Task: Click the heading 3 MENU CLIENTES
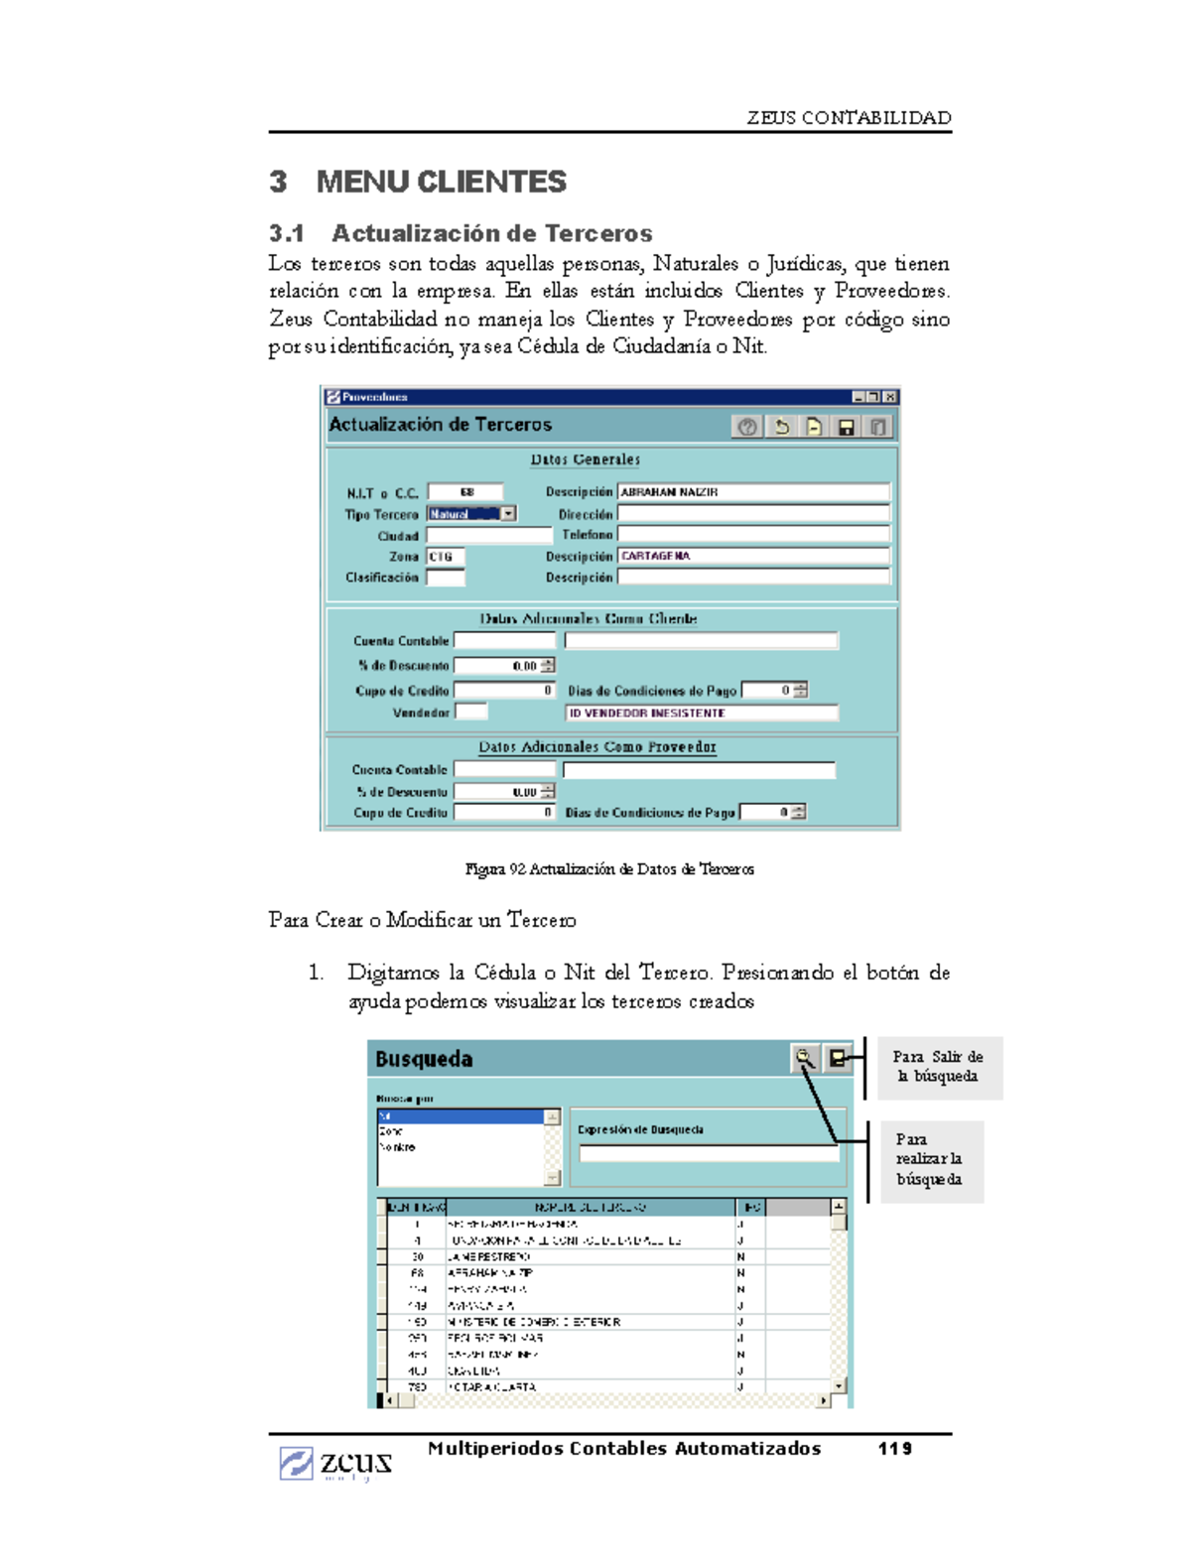tap(418, 182)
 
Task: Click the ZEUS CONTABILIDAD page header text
tap(849, 118)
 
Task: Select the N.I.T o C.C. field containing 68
tap(465, 492)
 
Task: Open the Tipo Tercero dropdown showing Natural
tap(508, 514)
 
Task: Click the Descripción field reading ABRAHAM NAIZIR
tap(752, 492)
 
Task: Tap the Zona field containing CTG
tap(445, 557)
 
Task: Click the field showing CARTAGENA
tap(752, 556)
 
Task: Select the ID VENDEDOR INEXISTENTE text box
tap(701, 713)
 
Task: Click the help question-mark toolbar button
tap(747, 427)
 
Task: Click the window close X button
tap(890, 397)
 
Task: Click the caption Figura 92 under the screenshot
tap(609, 869)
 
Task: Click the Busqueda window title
tap(424, 1059)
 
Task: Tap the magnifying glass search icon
tap(805, 1059)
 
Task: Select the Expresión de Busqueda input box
tap(709, 1153)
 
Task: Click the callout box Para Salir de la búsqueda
tap(938, 1067)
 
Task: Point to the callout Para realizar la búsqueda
tap(928, 1159)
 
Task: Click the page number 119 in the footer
tap(894, 1449)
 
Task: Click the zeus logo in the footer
tap(335, 1463)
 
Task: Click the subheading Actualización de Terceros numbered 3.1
tap(461, 233)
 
